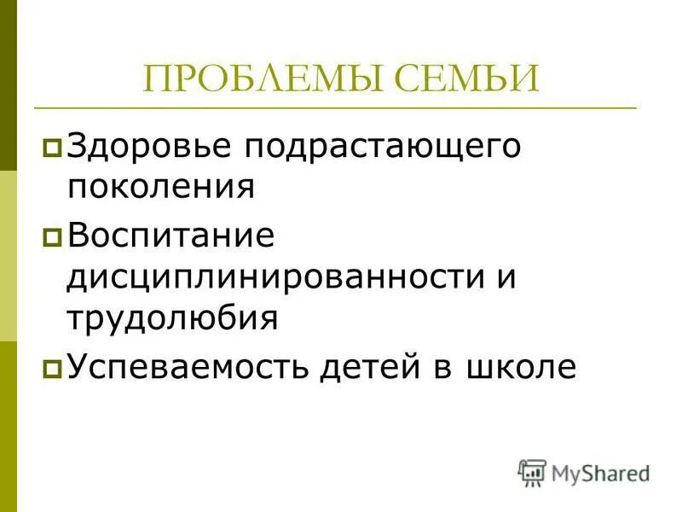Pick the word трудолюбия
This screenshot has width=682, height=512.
point(173,319)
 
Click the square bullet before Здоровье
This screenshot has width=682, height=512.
point(52,148)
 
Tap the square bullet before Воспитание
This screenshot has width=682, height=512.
point(52,238)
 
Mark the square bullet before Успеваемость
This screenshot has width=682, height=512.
point(52,369)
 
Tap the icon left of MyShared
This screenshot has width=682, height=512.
point(532,472)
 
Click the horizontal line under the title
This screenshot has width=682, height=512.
point(335,108)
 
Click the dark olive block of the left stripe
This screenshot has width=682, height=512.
point(8,85)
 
